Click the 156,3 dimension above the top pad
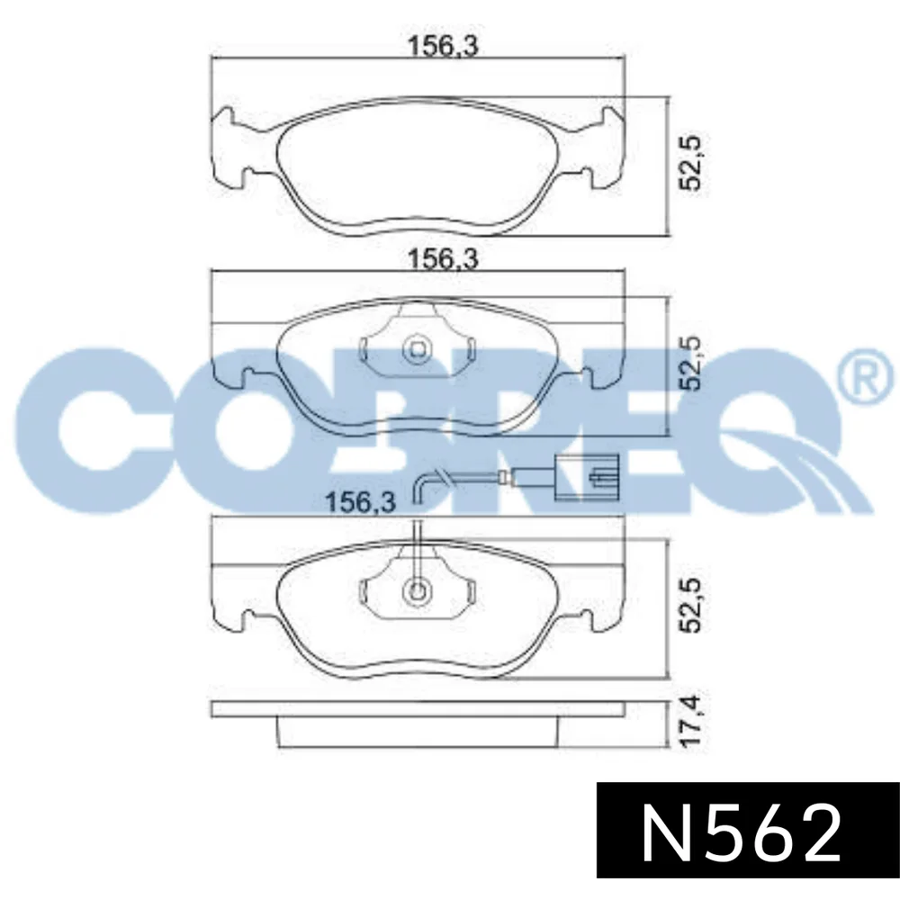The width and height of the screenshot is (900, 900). pos(442,46)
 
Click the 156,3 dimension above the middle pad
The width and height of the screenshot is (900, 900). pos(442,259)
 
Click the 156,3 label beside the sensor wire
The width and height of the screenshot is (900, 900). pos(360,503)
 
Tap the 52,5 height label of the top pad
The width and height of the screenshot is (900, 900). pos(688,164)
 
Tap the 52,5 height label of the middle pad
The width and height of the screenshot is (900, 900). pos(688,364)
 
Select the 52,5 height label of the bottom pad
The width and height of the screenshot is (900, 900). pos(688,605)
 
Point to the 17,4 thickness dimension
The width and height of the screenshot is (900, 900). pos(688,721)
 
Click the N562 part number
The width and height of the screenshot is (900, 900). pos(741,840)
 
